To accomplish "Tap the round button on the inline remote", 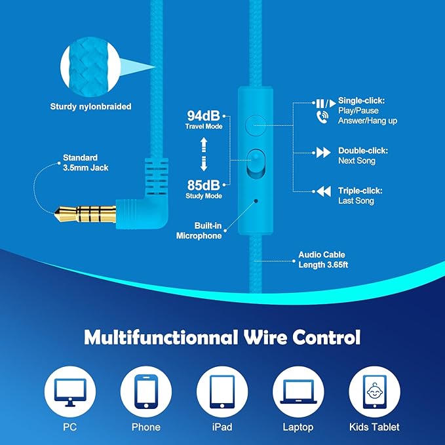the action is click(256, 125).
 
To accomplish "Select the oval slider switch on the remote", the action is click(256, 164).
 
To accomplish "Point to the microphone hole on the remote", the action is click(256, 201).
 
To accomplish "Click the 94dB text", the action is click(203, 115).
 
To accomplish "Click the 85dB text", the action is click(203, 185).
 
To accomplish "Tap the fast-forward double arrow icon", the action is click(323, 153).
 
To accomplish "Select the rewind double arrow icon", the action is click(324, 191).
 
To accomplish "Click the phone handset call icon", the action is click(322, 117).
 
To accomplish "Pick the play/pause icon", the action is click(326, 104).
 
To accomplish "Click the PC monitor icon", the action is click(70, 392).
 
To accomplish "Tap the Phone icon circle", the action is click(146, 392).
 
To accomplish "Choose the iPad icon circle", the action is click(222, 392).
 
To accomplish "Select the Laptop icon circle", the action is click(298, 392).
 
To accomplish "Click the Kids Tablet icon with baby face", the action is click(375, 392).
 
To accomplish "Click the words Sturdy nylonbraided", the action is click(91, 107).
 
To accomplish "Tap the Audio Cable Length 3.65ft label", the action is click(323, 260).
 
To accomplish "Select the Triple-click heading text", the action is click(360, 191).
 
